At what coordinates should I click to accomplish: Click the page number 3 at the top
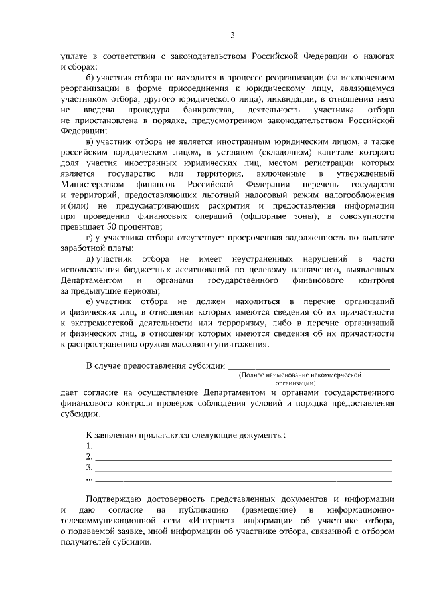[232, 35]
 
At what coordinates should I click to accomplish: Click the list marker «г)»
[90, 239]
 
